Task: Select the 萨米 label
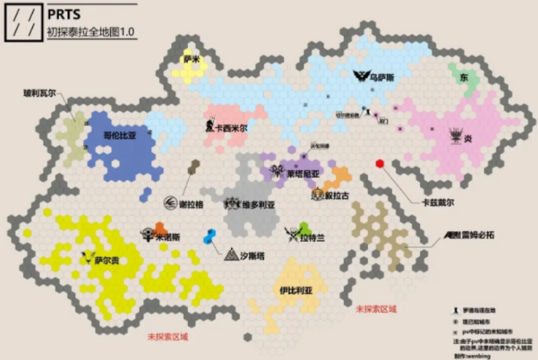(192, 59)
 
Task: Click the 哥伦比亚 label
(120, 135)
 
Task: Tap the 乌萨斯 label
(383, 76)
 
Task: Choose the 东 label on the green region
(464, 77)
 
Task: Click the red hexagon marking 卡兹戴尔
(380, 164)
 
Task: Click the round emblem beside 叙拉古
(318, 195)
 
